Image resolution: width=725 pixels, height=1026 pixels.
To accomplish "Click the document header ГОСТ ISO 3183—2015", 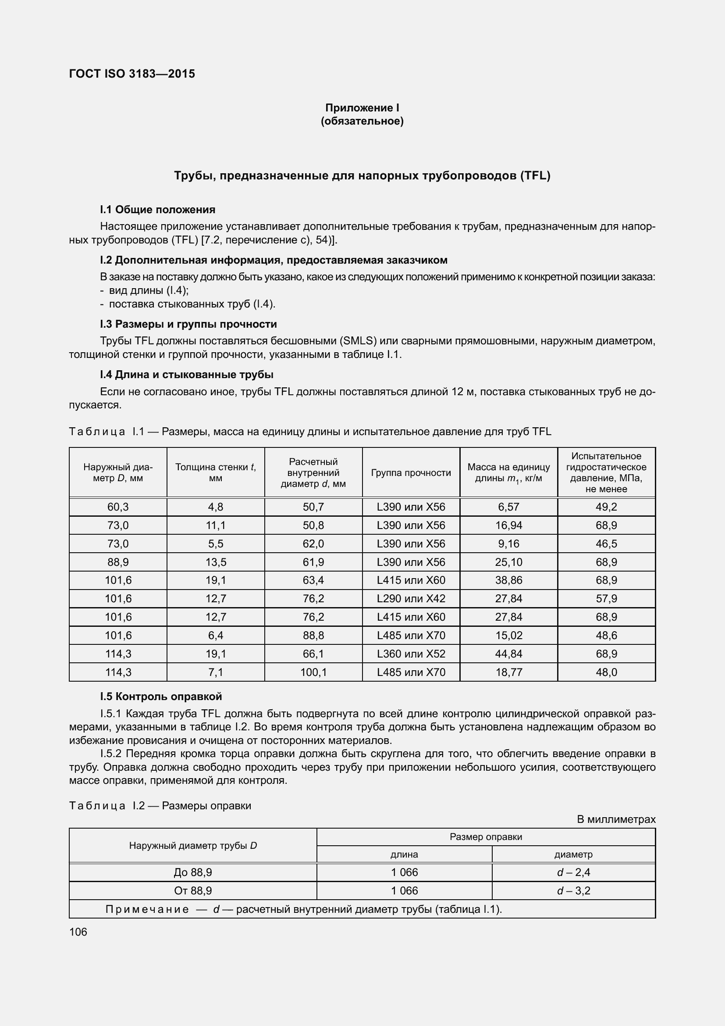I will click(132, 74).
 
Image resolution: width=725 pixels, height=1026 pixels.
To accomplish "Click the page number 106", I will click(78, 932).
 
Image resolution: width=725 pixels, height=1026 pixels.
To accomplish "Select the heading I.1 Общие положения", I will click(158, 210).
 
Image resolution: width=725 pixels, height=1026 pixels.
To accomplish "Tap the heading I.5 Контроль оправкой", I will click(161, 696).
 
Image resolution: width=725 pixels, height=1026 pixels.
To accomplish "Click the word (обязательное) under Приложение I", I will click(362, 121).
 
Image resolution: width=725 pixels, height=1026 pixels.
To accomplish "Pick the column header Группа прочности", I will click(411, 473).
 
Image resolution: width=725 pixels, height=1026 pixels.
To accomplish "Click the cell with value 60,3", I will click(118, 507).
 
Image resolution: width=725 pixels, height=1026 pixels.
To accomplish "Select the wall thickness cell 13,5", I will click(216, 562).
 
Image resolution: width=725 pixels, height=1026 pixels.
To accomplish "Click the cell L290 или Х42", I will click(411, 598).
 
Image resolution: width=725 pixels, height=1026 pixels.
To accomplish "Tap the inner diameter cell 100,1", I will click(313, 672).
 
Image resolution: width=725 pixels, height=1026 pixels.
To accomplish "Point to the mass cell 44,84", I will click(508, 654).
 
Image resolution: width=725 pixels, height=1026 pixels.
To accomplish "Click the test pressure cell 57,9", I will click(606, 598).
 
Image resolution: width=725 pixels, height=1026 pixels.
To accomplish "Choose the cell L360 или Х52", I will click(411, 654).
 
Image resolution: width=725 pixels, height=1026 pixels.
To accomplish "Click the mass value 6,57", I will click(508, 507).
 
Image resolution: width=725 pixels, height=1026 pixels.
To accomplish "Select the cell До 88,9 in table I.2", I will click(193, 872).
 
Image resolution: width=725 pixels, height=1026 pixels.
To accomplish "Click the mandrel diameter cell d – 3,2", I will click(574, 890).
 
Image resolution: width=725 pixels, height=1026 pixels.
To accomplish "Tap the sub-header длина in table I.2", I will click(404, 854).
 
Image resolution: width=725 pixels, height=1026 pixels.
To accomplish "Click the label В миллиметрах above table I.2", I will click(616, 819).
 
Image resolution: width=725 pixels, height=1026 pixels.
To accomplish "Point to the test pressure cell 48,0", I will click(606, 672).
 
